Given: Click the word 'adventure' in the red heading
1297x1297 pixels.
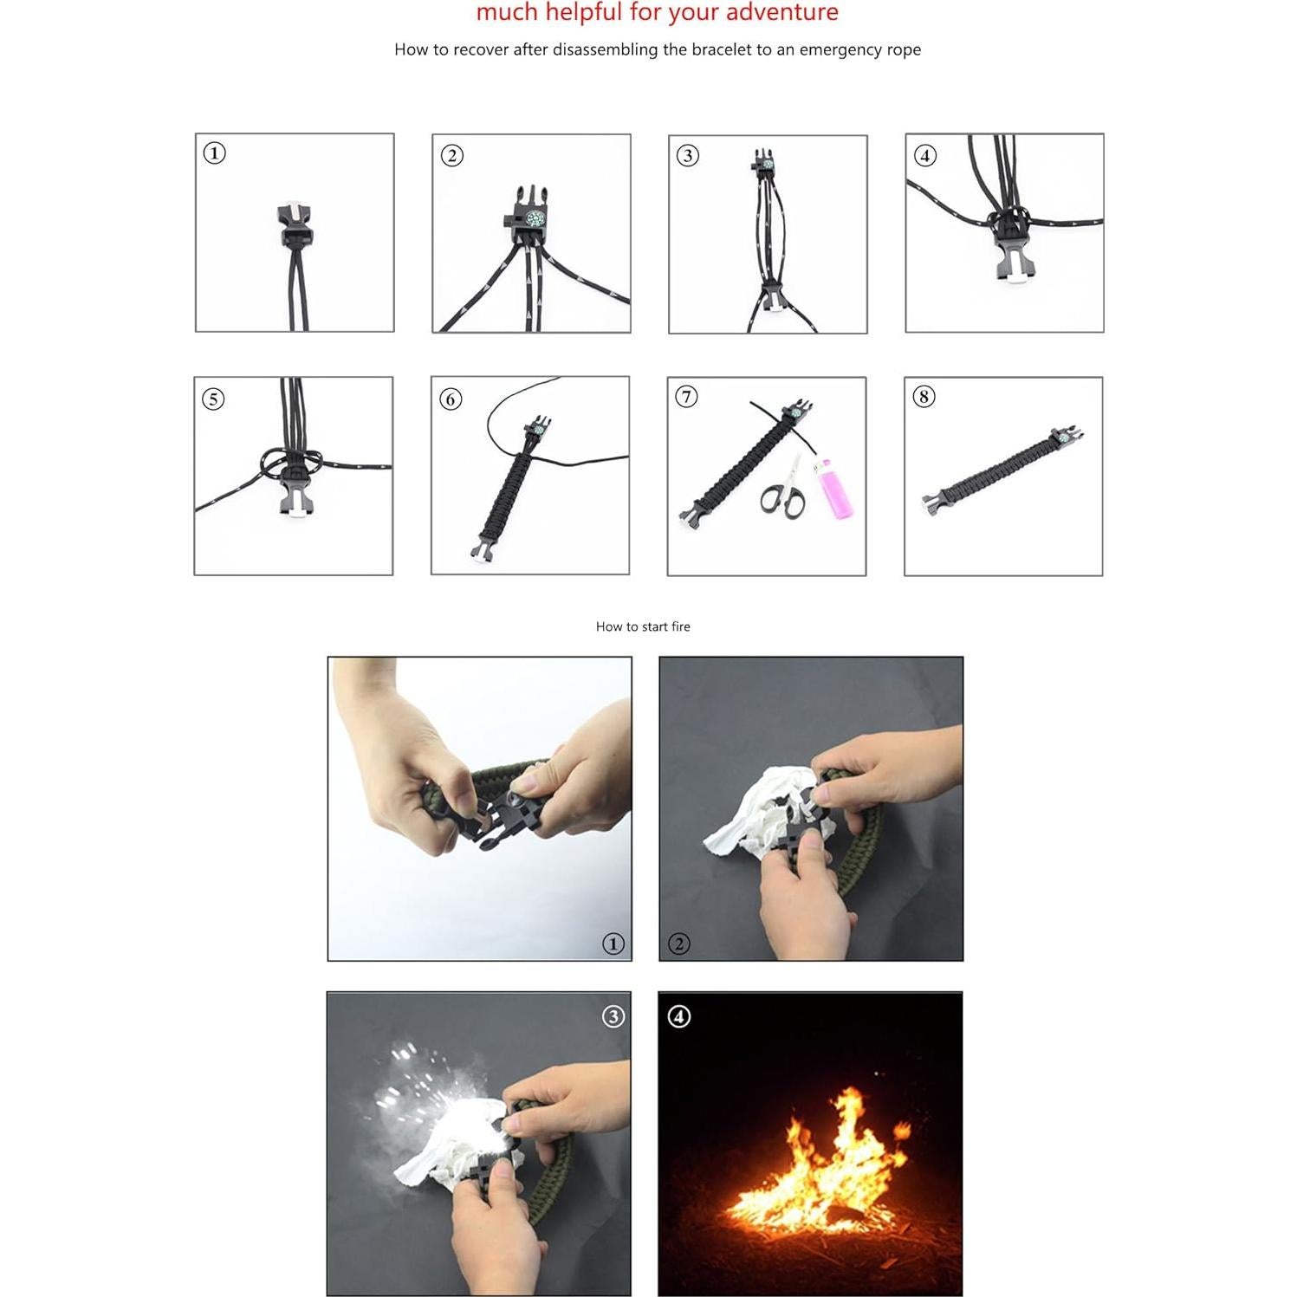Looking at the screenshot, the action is pyautogui.click(x=781, y=12).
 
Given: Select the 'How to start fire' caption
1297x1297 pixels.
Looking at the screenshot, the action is pyautogui.click(x=643, y=626).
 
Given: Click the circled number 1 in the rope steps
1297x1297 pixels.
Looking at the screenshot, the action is pyautogui.click(x=214, y=153).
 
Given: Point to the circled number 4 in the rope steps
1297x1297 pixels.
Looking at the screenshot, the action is pyautogui.click(x=925, y=156).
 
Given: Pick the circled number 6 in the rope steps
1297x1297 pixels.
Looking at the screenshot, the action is pyautogui.click(x=451, y=399).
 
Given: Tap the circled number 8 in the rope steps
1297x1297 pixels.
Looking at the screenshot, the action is pyautogui.click(x=924, y=397).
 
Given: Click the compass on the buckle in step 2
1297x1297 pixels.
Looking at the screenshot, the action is pyautogui.click(x=535, y=218).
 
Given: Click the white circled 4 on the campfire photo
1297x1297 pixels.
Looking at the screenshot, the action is pyautogui.click(x=679, y=1016).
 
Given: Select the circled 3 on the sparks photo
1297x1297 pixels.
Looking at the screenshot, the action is pyautogui.click(x=613, y=1016).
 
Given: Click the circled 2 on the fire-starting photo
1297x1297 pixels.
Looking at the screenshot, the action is pyautogui.click(x=679, y=944).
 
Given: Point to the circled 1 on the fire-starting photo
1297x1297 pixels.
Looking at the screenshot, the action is pyautogui.click(x=613, y=944).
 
